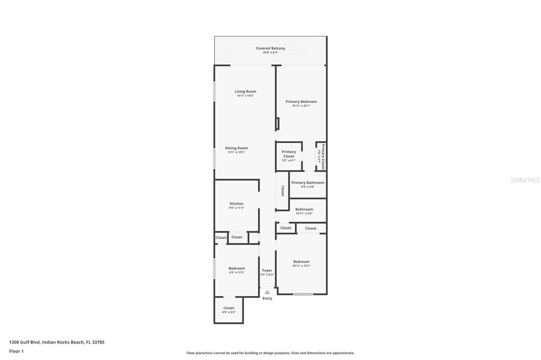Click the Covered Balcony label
click(x=270, y=49)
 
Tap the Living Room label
click(x=245, y=92)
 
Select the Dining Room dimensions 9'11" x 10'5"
click(x=236, y=152)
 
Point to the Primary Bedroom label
click(x=301, y=102)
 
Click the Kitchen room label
click(x=236, y=204)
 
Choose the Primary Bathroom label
click(x=307, y=183)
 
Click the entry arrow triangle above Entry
click(x=267, y=292)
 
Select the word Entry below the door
click(x=267, y=299)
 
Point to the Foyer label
click(x=267, y=271)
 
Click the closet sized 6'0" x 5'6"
click(x=229, y=310)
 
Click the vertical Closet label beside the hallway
click(x=283, y=191)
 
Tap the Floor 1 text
click(x=16, y=351)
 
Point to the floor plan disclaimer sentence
click(x=270, y=353)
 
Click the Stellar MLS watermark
click(x=525, y=180)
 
